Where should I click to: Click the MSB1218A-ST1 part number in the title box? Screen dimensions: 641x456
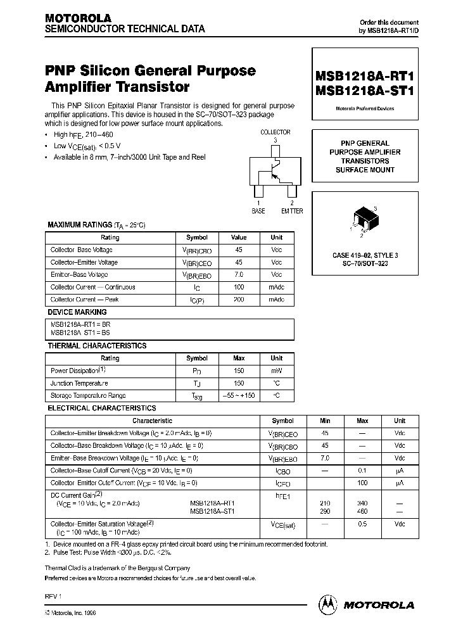pos(364,91)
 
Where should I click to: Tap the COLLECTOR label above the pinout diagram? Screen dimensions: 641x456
pos(275,132)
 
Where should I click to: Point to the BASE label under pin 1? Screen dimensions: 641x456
pos(258,211)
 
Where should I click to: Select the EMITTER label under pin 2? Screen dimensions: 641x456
pos(292,211)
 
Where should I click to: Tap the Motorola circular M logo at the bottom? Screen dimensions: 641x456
pos(328,604)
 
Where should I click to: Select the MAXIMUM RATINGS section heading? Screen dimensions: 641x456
pos(79,225)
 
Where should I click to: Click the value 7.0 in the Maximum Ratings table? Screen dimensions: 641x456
pos(239,275)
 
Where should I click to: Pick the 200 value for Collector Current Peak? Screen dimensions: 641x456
pos(239,300)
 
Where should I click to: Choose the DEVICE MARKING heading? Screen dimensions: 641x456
pos(77,312)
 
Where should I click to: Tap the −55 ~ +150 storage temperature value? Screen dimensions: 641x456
pos(239,395)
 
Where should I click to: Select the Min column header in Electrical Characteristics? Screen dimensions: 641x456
pos(325,421)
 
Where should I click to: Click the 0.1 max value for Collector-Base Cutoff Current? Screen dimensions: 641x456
pos(362,471)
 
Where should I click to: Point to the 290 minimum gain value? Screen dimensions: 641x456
pos(325,510)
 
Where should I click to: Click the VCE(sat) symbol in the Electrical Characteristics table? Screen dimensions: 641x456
pos(282,524)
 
